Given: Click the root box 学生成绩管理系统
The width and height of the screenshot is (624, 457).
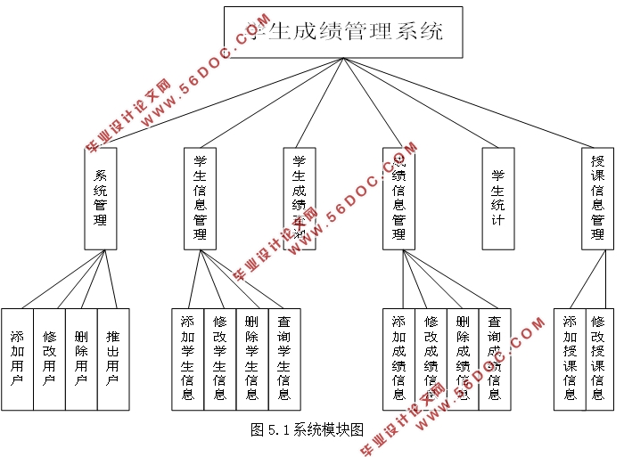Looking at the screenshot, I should pyautogui.click(x=343, y=33).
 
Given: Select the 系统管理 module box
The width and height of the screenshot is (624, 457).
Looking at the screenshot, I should pyautogui.click(x=101, y=198).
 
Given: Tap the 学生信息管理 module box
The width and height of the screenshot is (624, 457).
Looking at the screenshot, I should pyautogui.click(x=200, y=198).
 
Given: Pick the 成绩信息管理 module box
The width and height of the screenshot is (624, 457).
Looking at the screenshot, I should pyautogui.click(x=399, y=198).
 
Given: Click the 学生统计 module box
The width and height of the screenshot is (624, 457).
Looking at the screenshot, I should pyautogui.click(x=497, y=198).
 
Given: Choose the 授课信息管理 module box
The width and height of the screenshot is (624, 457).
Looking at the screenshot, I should pyautogui.click(x=597, y=198).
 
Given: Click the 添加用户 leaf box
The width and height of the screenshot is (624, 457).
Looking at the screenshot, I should pyautogui.click(x=17, y=359).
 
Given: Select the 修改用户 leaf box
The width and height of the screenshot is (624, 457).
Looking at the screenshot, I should pyautogui.click(x=49, y=359).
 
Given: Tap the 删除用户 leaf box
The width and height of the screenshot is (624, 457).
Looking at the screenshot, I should pyautogui.click(x=81, y=359).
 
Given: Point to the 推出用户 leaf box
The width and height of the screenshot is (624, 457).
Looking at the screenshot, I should pyautogui.click(x=113, y=359).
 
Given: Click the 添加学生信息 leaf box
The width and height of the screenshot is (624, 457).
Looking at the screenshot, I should pyautogui.click(x=188, y=359).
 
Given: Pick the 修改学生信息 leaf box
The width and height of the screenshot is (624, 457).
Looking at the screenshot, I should pyautogui.click(x=220, y=359).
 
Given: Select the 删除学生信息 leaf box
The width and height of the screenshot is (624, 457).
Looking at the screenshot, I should pyautogui.click(x=252, y=359).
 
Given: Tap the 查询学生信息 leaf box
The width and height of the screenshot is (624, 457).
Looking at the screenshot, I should pyautogui.click(x=284, y=359).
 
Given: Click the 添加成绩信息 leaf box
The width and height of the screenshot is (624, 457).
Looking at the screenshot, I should pyautogui.click(x=398, y=359).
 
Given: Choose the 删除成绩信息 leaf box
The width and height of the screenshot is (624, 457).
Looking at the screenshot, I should pyautogui.click(x=463, y=359).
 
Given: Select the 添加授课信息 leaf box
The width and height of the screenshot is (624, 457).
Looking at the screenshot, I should pyautogui.click(x=570, y=359).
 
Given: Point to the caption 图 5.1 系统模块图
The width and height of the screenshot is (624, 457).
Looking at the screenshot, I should pyautogui.click(x=308, y=429).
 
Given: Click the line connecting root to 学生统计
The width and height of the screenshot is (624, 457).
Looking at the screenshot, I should pyautogui.click(x=419, y=102).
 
